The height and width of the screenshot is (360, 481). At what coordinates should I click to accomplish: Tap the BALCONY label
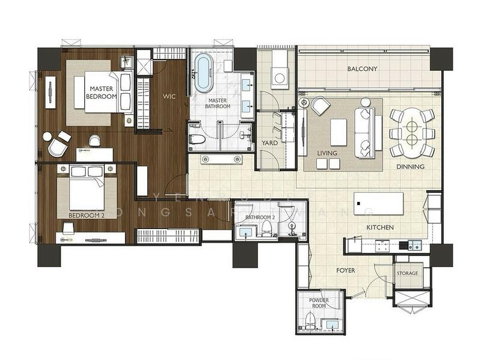click(363, 69)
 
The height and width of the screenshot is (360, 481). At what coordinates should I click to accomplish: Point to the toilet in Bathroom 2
click(265, 228)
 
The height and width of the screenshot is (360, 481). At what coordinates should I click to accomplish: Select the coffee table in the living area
click(339, 131)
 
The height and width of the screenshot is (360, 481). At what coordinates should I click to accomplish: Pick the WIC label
click(169, 95)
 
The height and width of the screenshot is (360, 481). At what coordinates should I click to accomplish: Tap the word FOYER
click(345, 270)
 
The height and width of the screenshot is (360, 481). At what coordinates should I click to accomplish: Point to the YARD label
click(269, 144)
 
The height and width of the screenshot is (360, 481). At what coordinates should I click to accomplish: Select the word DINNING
click(411, 166)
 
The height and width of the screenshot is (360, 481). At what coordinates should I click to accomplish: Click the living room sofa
click(365, 132)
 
